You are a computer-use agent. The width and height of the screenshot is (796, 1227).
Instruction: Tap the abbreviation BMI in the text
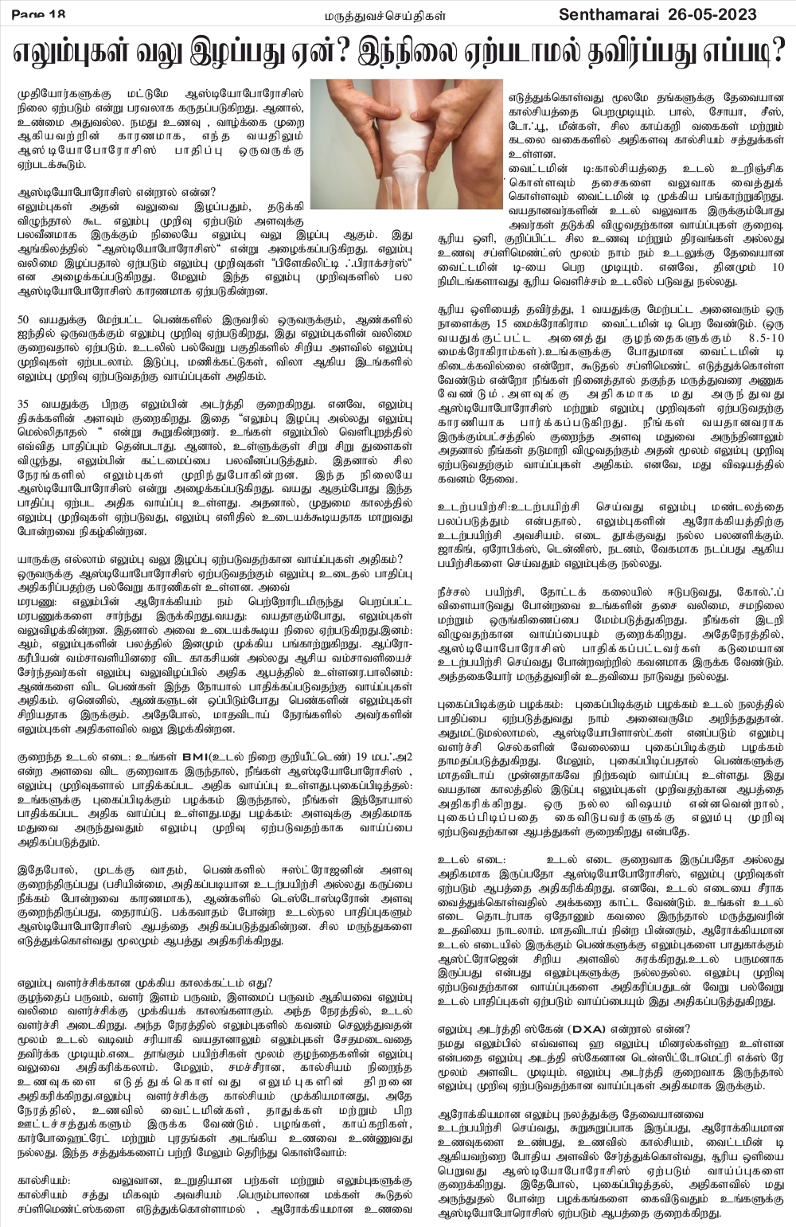196,755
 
